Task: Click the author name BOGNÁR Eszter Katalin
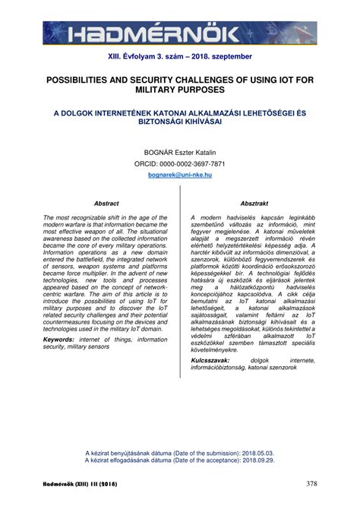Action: tap(179, 152)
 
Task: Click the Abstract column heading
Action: tap(106, 204)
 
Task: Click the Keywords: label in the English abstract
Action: tap(63, 339)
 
